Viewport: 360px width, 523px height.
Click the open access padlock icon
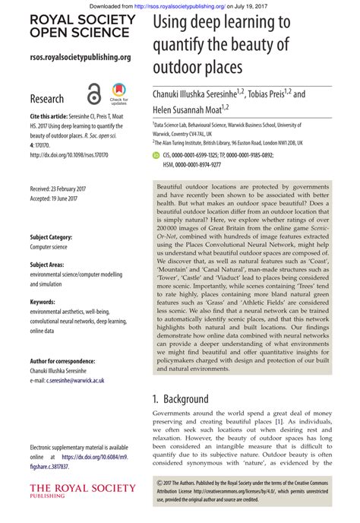pos(93,94)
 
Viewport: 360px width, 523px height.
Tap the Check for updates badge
pos(118,94)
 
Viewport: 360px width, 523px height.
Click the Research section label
pos(46,99)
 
